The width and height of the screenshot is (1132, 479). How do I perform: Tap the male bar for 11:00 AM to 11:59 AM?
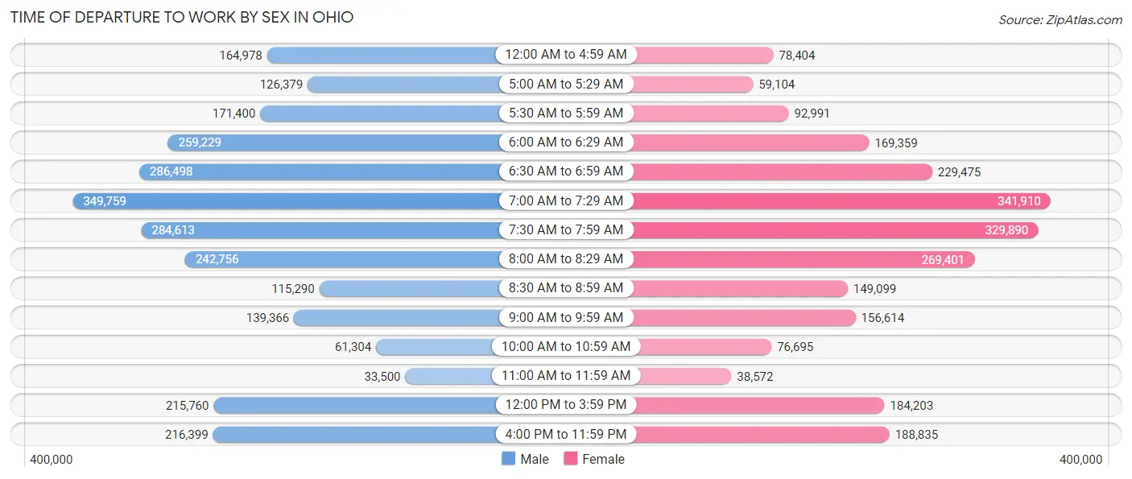451,376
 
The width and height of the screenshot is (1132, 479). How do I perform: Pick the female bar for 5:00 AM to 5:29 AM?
692,85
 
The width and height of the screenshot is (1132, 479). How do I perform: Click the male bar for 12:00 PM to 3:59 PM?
354,406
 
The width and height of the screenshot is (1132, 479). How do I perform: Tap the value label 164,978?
241,56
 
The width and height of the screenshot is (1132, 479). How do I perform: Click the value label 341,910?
1018,201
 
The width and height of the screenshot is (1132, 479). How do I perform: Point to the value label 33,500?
382,376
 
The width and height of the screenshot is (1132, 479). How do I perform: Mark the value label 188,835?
916,435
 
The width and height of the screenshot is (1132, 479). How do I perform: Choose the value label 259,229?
200,142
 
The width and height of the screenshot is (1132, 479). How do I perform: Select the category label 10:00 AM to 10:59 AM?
565,347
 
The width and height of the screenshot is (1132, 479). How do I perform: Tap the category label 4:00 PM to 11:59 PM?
565,435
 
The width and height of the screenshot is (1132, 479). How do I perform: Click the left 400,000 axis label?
52,460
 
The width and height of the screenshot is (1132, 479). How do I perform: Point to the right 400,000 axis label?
1080,460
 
